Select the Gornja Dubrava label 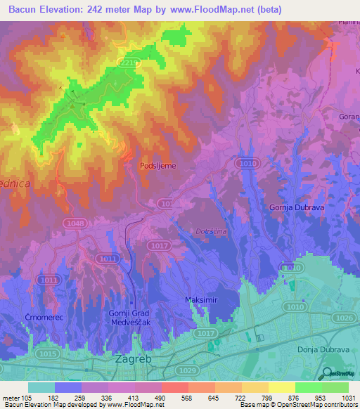[296, 207]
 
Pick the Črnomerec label [27, 318]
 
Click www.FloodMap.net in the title [229, 10]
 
